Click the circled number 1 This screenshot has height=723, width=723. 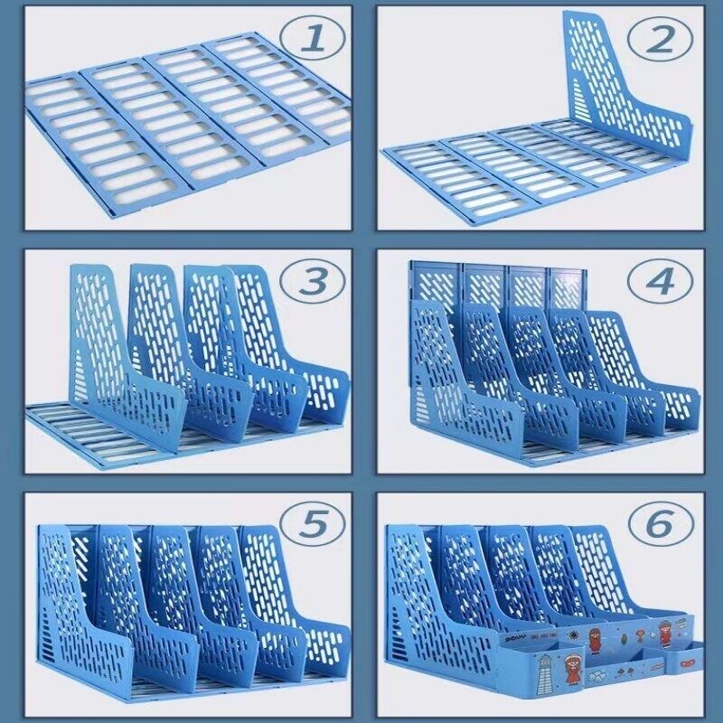tap(312, 38)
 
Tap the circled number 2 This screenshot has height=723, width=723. tap(661, 39)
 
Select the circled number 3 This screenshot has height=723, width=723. tap(312, 281)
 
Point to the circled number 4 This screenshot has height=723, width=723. tap(661, 281)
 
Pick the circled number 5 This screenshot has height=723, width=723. tap(312, 523)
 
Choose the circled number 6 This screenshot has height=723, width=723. tap(661, 523)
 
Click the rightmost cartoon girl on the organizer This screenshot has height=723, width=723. tap(664, 634)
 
